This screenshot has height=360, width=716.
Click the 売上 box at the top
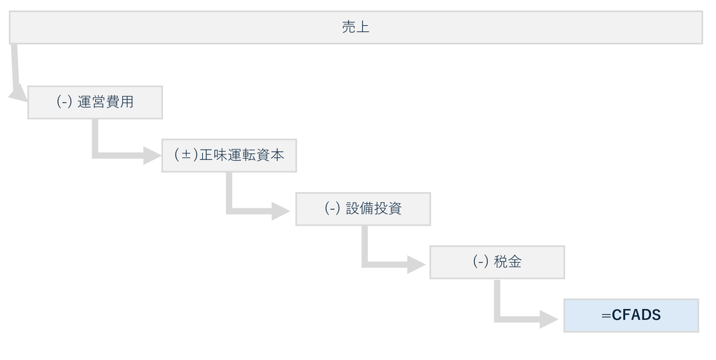tap(356, 27)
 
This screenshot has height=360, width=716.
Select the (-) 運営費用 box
tap(95, 102)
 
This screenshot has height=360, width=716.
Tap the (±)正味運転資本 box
tap(229, 156)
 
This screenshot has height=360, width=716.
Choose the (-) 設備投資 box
tap(363, 209)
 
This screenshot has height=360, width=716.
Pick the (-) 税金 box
tap(497, 262)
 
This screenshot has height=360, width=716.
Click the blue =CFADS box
tap(631, 316)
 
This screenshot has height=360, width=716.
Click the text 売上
tap(356, 27)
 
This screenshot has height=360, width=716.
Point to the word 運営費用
tap(106, 102)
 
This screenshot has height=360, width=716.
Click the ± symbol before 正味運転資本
tap(186, 155)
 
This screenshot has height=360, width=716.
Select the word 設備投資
tap(373, 209)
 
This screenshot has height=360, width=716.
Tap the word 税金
tap(508, 262)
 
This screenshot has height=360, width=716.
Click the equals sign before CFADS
tap(606, 316)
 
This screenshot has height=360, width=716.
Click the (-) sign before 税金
tap(480, 262)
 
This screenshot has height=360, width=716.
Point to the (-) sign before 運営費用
tap(64, 102)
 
